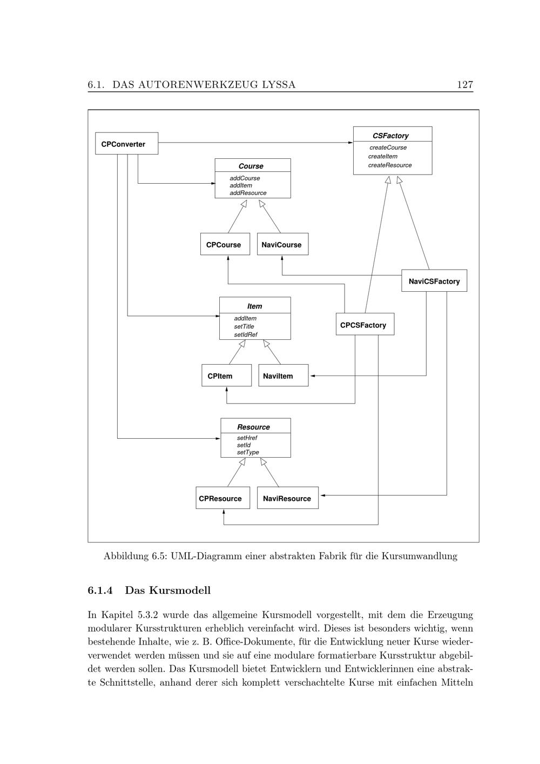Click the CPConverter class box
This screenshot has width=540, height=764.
point(126,144)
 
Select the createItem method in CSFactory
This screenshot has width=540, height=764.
point(383,156)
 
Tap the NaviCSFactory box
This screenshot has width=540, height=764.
point(434,281)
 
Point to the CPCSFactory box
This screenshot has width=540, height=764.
point(364,325)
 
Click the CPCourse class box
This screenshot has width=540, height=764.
point(225,244)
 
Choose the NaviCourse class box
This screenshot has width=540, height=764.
point(282,244)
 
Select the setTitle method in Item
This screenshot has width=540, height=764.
point(244,326)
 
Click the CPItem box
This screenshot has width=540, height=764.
point(226,376)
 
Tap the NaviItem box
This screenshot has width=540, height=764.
point(283,376)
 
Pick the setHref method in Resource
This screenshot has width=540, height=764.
point(247,438)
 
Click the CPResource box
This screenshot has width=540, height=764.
point(222,498)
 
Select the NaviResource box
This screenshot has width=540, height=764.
point(287,498)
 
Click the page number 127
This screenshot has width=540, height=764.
point(464,84)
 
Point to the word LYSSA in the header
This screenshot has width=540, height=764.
point(278,84)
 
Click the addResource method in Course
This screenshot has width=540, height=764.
point(248,193)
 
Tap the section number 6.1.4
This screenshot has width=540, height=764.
point(100,590)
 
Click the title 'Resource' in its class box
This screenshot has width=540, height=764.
point(253,427)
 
